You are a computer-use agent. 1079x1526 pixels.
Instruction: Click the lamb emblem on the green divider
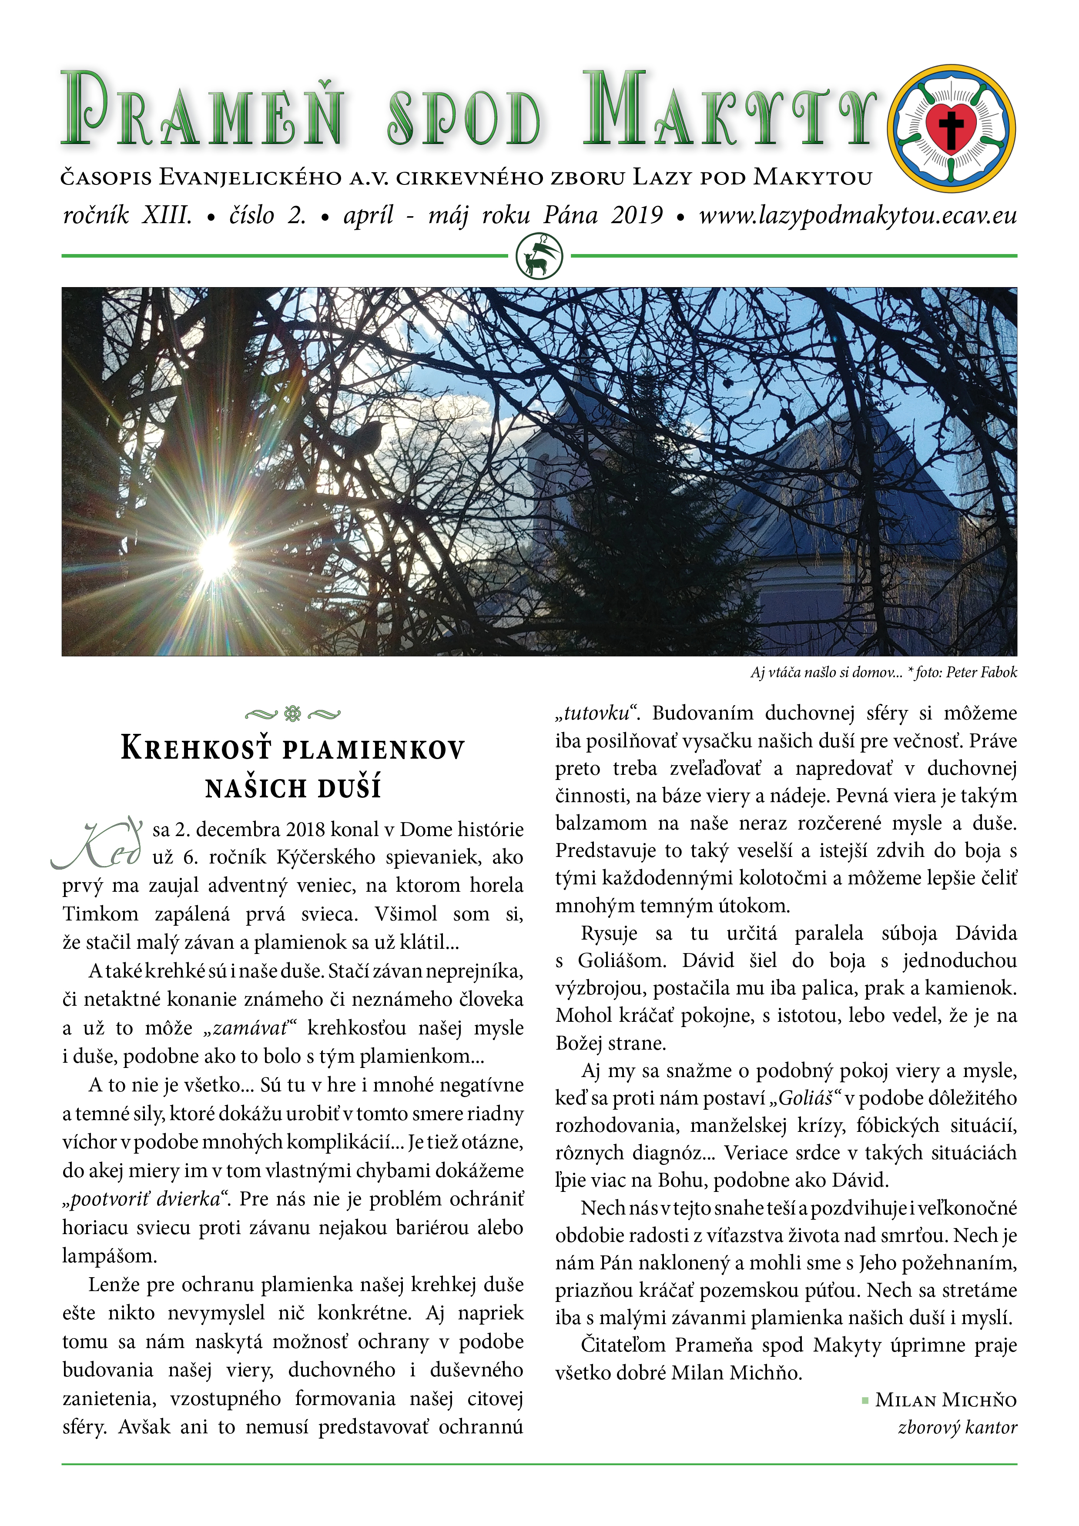(x=539, y=256)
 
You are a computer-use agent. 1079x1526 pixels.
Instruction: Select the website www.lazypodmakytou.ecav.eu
(x=857, y=215)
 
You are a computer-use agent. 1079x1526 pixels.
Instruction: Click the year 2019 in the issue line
(x=637, y=215)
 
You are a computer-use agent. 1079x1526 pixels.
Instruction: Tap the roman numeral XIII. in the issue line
(x=166, y=215)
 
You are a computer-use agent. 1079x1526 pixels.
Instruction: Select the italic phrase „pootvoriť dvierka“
(x=146, y=1199)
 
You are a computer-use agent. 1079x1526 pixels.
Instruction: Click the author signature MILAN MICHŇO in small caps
(x=945, y=1400)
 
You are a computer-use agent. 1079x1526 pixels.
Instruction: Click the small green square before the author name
(x=865, y=1400)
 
